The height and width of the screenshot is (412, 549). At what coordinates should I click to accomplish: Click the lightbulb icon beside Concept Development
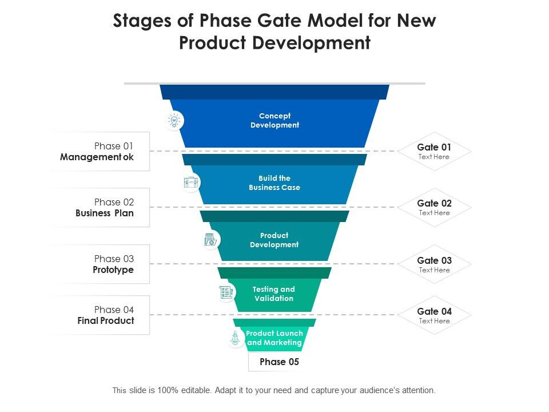(x=174, y=121)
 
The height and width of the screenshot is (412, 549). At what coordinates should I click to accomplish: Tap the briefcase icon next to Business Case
(x=191, y=183)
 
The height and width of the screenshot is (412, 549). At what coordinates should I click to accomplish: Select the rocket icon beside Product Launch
(x=235, y=338)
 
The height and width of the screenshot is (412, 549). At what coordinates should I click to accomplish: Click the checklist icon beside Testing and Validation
(x=226, y=292)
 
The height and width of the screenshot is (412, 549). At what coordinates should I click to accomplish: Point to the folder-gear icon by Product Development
(x=210, y=240)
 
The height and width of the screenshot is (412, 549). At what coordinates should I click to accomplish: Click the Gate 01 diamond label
(x=434, y=151)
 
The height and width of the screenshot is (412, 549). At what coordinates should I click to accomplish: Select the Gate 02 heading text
(x=434, y=203)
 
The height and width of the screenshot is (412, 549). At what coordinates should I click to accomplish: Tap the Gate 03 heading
(x=434, y=260)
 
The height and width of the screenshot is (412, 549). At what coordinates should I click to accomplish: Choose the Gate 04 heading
(x=434, y=311)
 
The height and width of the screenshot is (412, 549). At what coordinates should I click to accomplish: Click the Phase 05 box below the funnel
(x=279, y=362)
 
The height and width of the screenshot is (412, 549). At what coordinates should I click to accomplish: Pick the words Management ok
(x=97, y=157)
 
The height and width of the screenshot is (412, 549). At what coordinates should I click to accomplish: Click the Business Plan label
(x=105, y=213)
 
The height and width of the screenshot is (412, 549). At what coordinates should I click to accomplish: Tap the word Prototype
(x=113, y=270)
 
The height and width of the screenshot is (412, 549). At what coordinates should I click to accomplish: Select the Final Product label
(x=106, y=320)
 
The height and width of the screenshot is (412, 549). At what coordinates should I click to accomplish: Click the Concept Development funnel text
(x=275, y=120)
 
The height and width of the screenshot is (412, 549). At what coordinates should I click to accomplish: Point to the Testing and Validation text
(x=274, y=294)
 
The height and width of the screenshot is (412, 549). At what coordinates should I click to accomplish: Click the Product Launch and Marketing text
(x=274, y=338)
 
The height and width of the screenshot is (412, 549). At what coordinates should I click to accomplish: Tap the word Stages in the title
(x=142, y=21)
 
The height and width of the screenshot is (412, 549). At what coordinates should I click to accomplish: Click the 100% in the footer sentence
(x=168, y=390)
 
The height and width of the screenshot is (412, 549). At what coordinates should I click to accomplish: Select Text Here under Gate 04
(x=434, y=321)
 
